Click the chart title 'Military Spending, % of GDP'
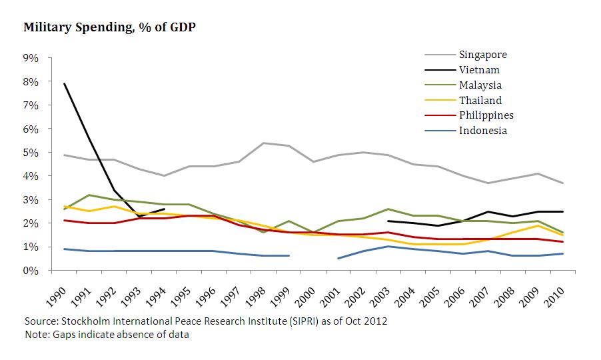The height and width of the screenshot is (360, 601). (x=109, y=28)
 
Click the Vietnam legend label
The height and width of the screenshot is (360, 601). (x=479, y=70)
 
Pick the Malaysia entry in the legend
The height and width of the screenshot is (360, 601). (x=480, y=85)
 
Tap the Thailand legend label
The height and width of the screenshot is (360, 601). (x=480, y=100)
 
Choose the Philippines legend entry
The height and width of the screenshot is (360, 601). (x=486, y=115)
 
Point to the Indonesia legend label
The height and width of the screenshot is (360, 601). (x=483, y=130)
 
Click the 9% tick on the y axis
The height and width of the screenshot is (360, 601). (x=31, y=58)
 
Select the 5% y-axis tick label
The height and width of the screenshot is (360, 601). (x=31, y=153)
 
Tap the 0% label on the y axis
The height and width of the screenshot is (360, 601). (x=31, y=271)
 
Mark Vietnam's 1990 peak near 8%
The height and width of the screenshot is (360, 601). (x=65, y=84)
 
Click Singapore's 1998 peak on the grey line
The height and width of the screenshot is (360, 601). (x=265, y=143)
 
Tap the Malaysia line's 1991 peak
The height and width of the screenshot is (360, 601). (x=89, y=195)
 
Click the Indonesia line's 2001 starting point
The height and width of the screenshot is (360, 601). (x=338, y=259)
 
